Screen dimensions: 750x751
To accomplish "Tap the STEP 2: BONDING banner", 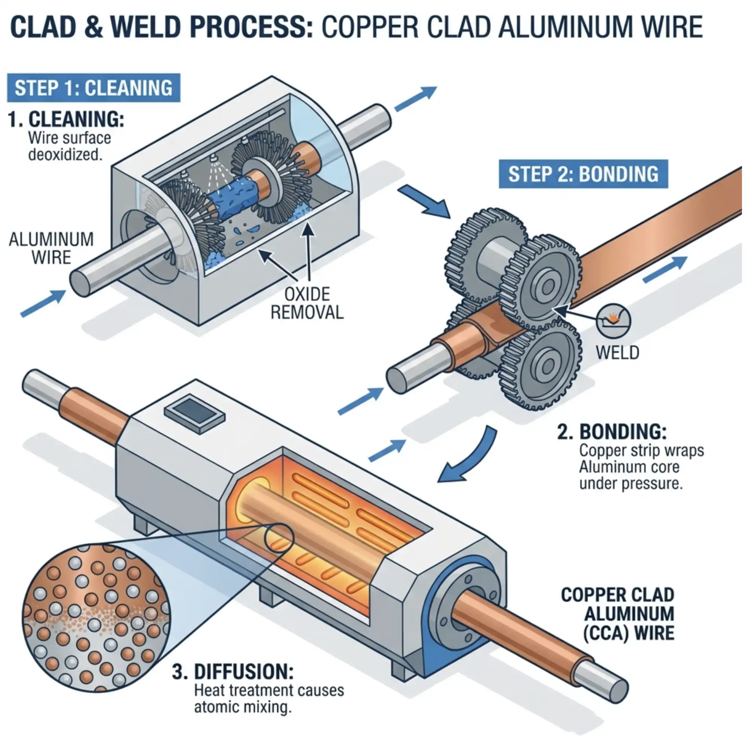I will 583,174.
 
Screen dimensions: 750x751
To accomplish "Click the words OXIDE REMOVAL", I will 307,304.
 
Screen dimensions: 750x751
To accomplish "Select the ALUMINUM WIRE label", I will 51,248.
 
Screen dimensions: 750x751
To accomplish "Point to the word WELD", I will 617,353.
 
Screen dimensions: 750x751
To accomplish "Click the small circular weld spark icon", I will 614,320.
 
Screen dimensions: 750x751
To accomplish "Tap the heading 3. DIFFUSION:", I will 233,671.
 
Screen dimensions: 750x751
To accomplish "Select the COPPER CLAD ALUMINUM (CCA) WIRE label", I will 618,614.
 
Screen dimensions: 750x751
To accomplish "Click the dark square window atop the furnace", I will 195,413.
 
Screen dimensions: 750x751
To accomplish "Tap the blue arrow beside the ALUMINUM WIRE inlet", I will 43,304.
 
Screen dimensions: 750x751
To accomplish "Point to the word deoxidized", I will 65,155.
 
